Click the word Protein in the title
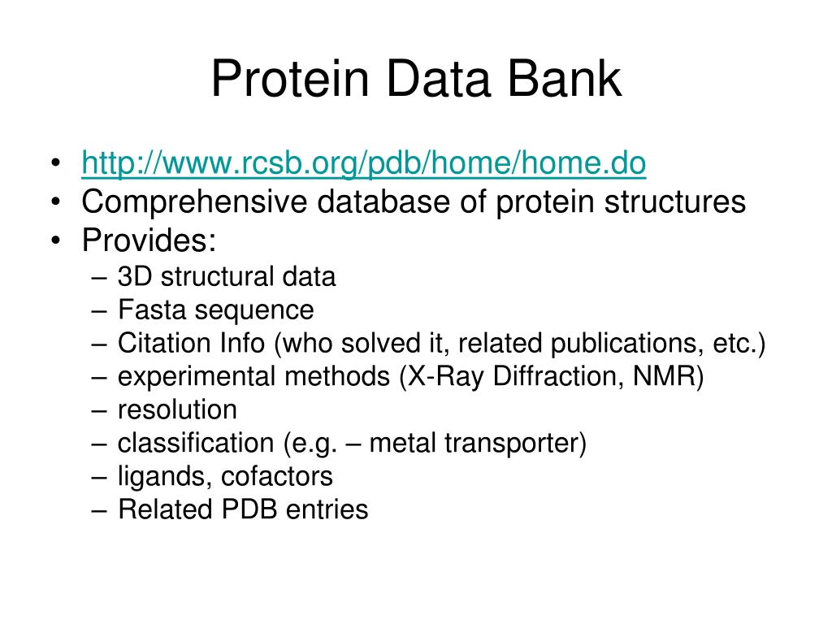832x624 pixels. (290, 79)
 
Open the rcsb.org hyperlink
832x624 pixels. (363, 162)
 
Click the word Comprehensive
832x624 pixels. (194, 202)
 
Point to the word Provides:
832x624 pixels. (149, 240)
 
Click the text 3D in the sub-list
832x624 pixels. (135, 276)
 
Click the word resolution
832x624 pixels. (177, 409)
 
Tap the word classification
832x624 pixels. (195, 443)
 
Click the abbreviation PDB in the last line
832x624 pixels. (249, 509)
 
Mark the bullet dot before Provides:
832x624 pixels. (56, 240)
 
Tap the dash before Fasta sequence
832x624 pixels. (99, 310)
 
